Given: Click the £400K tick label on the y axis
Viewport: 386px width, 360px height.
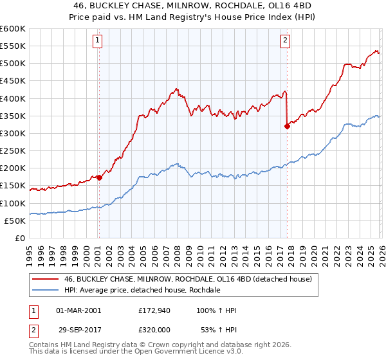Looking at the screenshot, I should click(12, 98).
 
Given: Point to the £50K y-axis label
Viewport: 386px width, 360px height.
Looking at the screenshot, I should click(14, 221).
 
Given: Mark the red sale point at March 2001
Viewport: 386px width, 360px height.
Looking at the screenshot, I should click(99, 178).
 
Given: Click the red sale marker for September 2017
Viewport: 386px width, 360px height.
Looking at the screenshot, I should click(287, 127).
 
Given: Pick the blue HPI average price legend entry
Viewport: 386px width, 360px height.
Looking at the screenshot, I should click(142, 290).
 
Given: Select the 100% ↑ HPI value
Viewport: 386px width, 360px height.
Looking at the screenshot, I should click(216, 310).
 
